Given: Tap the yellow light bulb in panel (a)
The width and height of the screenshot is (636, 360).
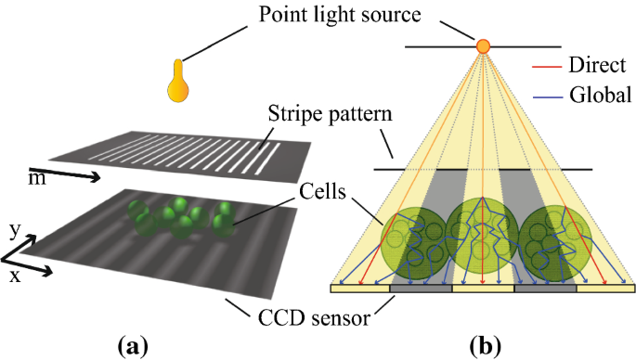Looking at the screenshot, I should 179,82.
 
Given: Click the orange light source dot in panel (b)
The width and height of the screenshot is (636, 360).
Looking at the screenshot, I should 483,45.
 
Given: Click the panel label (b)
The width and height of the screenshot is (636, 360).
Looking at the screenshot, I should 483,346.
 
